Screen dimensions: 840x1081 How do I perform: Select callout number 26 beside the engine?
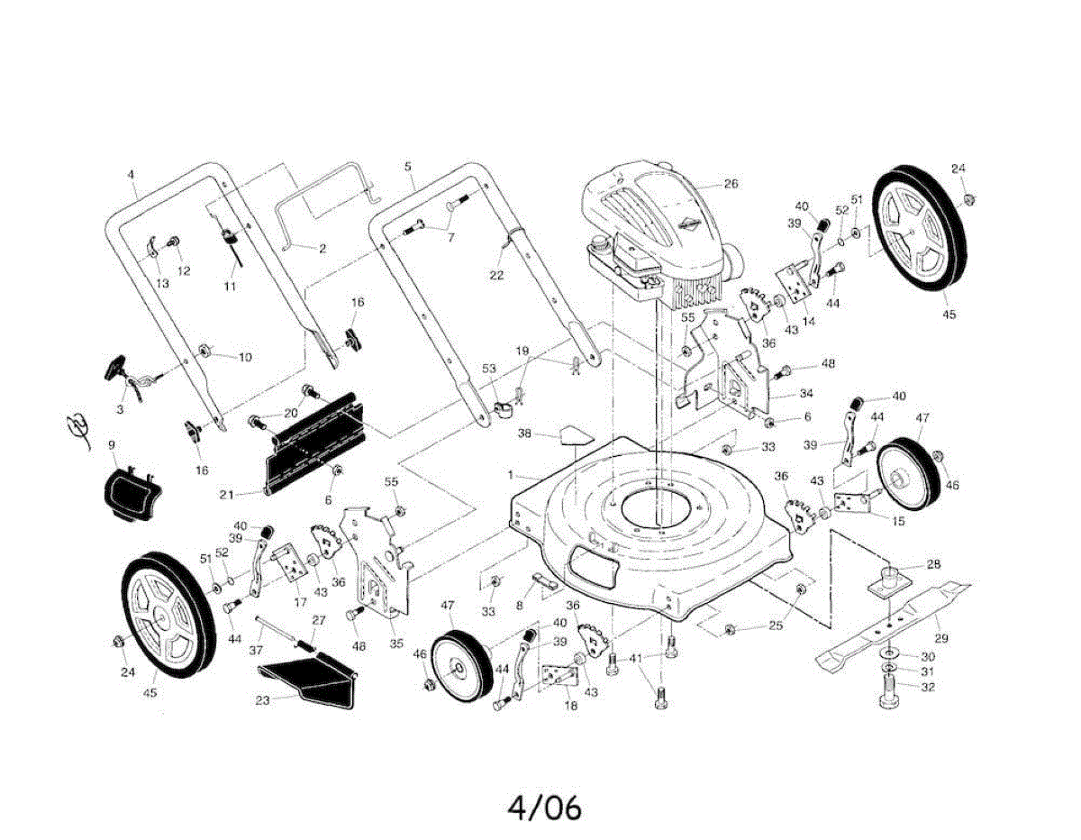(x=731, y=184)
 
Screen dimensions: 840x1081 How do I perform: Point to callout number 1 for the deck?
(x=510, y=474)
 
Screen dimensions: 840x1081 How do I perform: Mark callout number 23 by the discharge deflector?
(x=262, y=700)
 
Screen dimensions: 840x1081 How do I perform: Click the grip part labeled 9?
(x=127, y=493)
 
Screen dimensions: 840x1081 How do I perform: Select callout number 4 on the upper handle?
(x=131, y=173)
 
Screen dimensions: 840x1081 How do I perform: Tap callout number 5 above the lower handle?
(x=408, y=167)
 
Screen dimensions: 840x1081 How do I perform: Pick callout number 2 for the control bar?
(x=322, y=247)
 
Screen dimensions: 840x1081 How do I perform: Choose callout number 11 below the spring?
(x=229, y=286)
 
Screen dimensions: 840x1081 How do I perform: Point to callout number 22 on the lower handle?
(x=496, y=275)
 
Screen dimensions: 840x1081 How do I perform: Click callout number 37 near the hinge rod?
(x=256, y=649)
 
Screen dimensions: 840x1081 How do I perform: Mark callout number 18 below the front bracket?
(x=570, y=706)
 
